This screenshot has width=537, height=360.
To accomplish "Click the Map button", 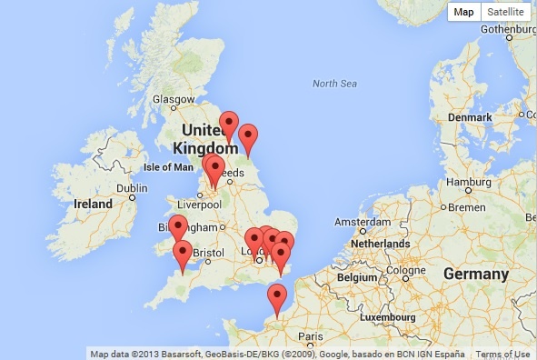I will [464, 12].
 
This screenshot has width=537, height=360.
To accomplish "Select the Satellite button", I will [505, 12].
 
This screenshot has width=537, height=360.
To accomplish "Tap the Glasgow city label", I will [173, 99].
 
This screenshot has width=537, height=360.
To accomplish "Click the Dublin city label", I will [132, 188].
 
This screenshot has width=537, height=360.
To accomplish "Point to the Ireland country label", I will [94, 204].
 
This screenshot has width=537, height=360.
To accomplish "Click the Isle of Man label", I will [169, 167].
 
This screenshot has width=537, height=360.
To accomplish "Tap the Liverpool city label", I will [204, 205].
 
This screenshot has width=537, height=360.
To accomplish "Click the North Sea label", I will [334, 84].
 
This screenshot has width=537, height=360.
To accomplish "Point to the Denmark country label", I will [469, 117].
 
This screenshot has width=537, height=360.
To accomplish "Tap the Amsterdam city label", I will [363, 222].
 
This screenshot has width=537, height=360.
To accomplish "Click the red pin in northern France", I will [276, 298].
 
